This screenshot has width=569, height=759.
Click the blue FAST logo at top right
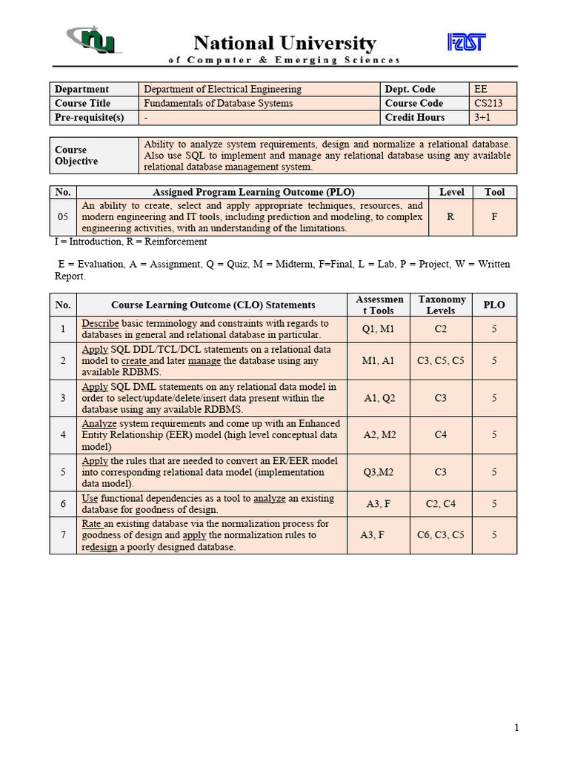(467, 42)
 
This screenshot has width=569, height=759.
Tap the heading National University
(284, 43)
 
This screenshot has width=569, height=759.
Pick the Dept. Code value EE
(481, 89)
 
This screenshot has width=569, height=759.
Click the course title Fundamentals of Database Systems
(218, 103)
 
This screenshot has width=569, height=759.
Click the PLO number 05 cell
(63, 217)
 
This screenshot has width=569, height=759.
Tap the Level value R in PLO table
(450, 217)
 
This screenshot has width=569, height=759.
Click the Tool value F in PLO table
(494, 217)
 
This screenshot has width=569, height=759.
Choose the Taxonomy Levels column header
(442, 305)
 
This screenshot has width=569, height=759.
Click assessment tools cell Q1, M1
(378, 329)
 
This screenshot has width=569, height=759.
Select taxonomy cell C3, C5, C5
(441, 361)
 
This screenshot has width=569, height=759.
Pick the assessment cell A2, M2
(379, 435)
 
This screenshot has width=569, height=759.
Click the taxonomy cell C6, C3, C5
(441, 534)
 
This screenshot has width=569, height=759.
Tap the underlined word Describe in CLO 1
(100, 323)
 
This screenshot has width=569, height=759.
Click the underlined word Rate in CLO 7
(91, 523)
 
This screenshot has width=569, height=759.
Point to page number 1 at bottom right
(516, 728)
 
